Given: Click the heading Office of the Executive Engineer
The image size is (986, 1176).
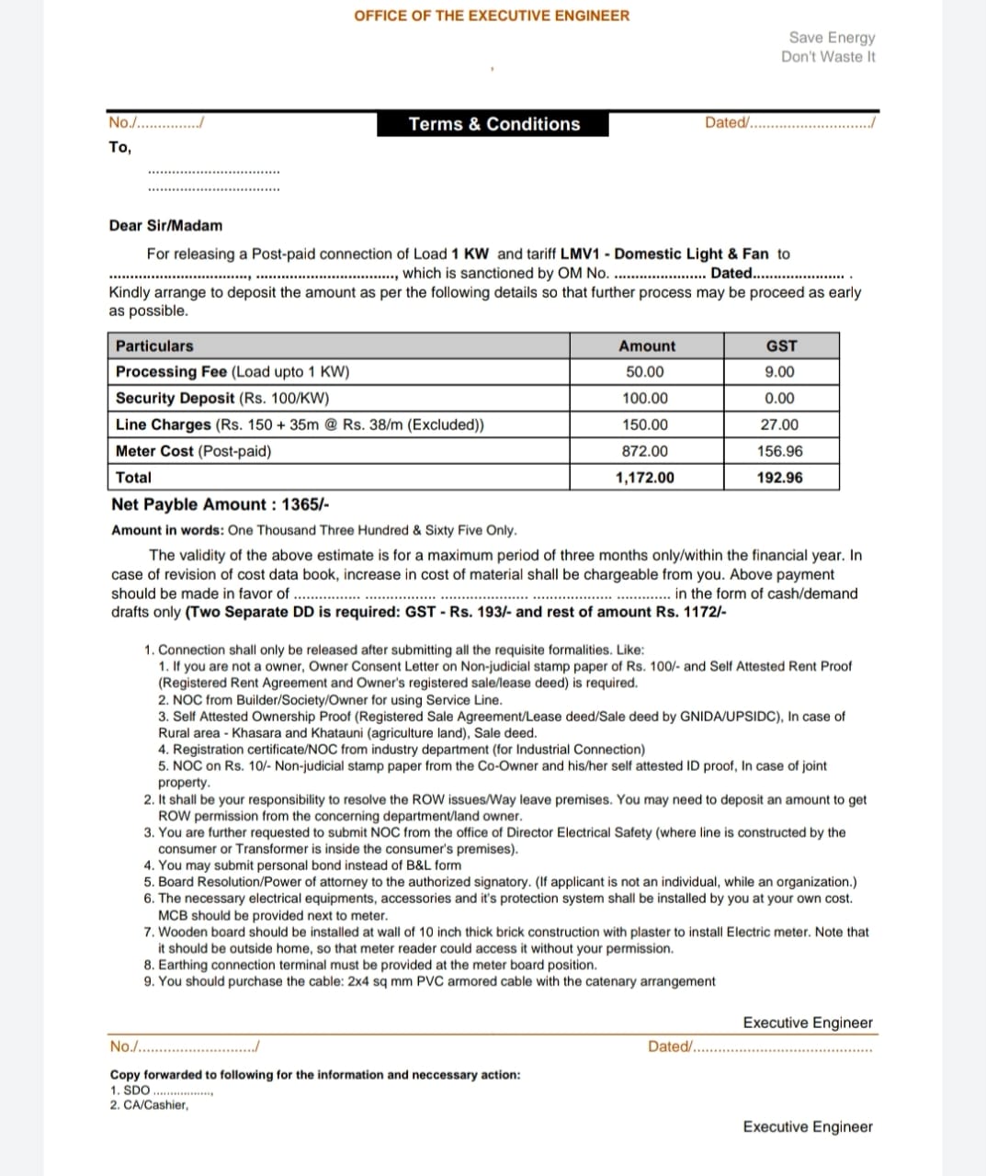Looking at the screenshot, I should point(492,16).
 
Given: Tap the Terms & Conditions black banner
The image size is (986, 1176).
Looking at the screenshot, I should point(493,124).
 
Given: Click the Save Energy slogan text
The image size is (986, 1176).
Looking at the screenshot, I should point(832,38).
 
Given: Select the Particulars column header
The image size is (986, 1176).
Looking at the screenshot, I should point(154,346).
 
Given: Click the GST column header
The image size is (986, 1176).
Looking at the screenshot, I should point(781,346).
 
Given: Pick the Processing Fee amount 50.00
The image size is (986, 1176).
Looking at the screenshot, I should point(645,372).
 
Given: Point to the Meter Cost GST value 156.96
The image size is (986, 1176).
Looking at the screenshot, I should point(780,451).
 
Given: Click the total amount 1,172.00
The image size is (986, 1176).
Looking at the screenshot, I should point(645,478).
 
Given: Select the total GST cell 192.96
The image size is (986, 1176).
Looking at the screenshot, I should point(780,478).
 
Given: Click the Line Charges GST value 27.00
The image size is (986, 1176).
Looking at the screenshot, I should point(780,425).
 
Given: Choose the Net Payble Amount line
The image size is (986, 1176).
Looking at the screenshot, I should point(221,504).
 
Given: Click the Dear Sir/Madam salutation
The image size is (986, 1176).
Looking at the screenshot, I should point(165,226).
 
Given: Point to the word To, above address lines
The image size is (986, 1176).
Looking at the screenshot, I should point(119,147).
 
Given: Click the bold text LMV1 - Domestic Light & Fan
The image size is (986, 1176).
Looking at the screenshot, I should point(664,254).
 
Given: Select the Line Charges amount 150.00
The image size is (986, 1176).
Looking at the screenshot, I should point(645,425).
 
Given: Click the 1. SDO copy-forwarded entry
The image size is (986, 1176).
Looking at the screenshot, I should point(130,1091).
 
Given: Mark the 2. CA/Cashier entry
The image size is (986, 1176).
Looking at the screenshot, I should point(149,1105).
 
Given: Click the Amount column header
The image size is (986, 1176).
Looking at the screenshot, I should point(647,346).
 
